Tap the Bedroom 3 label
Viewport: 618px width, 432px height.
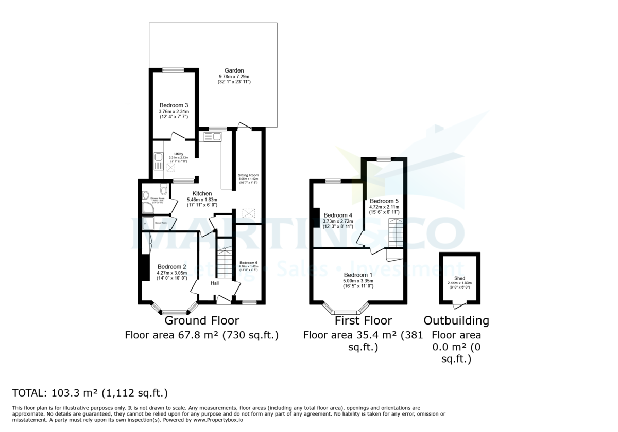point(173,105)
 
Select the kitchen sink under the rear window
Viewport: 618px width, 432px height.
point(212,136)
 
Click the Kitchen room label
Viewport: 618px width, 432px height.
point(202,193)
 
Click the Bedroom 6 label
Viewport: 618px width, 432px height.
point(248,263)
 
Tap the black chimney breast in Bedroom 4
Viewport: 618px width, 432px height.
point(313,216)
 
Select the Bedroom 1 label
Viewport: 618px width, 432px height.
point(358,275)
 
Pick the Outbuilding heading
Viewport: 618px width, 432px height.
point(456,321)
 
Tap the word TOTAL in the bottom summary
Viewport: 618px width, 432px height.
point(29,394)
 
